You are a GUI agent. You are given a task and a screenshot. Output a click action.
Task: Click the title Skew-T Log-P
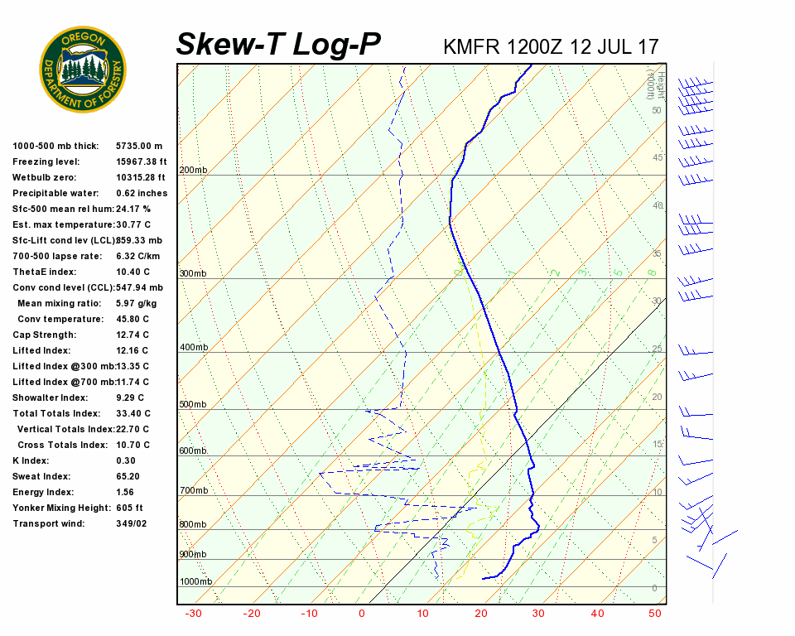[x=278, y=45]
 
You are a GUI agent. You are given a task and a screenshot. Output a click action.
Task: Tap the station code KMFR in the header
[x=471, y=46]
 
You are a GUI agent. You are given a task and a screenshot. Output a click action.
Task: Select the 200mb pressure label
[x=193, y=170]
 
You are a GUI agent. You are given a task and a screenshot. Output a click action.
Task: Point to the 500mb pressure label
[x=193, y=404]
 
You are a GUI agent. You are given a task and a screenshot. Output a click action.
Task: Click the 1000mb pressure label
[x=195, y=581]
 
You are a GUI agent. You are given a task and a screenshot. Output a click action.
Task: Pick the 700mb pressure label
[x=193, y=490]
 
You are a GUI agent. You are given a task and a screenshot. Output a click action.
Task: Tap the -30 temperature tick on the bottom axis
[x=194, y=614]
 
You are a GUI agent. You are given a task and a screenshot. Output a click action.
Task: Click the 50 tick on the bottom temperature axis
[x=655, y=614]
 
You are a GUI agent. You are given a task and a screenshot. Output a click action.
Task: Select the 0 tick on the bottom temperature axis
[x=362, y=614]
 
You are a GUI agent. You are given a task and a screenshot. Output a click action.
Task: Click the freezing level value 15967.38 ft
[x=141, y=161]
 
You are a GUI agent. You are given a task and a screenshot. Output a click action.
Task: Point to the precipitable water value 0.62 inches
[x=142, y=193]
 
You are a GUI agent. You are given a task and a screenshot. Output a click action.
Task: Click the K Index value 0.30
[x=126, y=460]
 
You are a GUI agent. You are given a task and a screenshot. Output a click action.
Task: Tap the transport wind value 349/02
[x=132, y=523]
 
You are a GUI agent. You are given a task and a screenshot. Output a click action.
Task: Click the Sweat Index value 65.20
[x=128, y=476]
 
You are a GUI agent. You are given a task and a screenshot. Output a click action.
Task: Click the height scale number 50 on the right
[x=656, y=110]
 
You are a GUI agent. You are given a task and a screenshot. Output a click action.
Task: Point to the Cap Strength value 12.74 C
[x=132, y=335]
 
